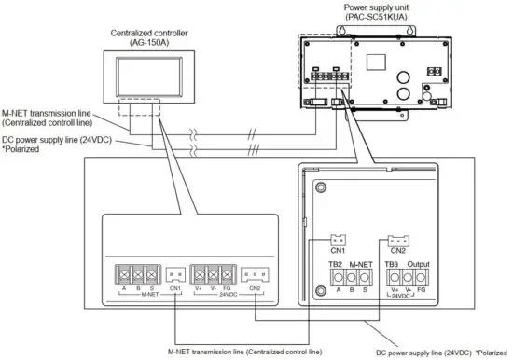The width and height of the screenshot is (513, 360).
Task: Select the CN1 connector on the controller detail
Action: pyautogui.click(x=174, y=274)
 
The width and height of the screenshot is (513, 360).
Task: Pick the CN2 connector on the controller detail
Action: pyautogui.click(x=251, y=274)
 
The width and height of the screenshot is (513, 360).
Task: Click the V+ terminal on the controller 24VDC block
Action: pyautogui.click(x=199, y=274)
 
